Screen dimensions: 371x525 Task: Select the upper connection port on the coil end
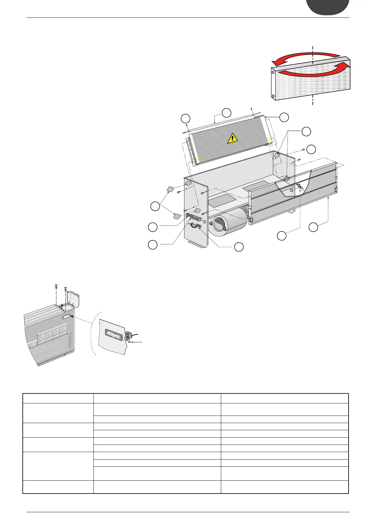coord(273,72)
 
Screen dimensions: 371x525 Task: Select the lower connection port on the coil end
coord(273,95)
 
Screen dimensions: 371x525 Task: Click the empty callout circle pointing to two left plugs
coord(154,206)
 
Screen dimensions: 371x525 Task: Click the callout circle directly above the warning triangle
coord(227,113)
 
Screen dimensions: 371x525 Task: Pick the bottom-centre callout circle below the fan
coord(239,247)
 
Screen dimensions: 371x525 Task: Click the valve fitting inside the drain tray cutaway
coord(300,188)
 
